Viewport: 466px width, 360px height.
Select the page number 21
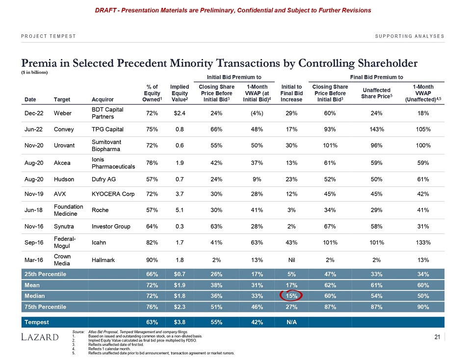pos(437,336)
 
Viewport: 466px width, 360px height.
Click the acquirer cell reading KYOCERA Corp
pos(113,194)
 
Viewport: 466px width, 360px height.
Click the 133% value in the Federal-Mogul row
pos(422,242)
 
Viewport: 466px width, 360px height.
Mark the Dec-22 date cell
pos(33,113)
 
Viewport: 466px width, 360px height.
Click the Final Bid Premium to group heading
pos(377,77)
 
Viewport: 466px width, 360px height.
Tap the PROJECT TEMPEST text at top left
pos(48,36)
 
